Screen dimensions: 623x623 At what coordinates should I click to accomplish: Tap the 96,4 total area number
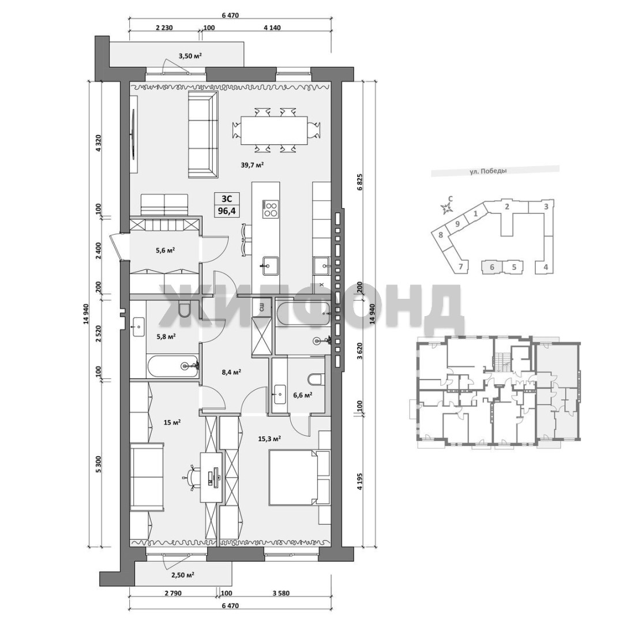(x=227, y=211)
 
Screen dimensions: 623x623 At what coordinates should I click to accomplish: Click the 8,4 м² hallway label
(x=232, y=372)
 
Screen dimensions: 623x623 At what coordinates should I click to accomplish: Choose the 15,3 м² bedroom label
(x=269, y=438)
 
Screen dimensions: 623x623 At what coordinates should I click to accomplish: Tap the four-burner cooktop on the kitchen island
(x=270, y=209)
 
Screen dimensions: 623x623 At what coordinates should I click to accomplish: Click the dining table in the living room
(x=274, y=130)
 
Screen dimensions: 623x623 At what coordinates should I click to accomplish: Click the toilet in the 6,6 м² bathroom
(x=316, y=380)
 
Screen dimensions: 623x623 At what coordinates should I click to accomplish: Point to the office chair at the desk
(x=193, y=477)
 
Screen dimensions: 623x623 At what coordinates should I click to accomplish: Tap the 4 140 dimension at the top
(x=272, y=28)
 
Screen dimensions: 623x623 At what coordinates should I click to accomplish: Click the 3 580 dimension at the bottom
(x=281, y=594)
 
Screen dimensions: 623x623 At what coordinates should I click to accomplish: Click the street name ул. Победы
(x=488, y=171)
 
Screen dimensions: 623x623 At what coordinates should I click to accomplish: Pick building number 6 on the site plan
(x=492, y=267)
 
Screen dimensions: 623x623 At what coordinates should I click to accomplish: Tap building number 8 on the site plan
(x=440, y=235)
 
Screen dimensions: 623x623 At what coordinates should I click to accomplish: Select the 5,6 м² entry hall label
(x=166, y=250)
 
